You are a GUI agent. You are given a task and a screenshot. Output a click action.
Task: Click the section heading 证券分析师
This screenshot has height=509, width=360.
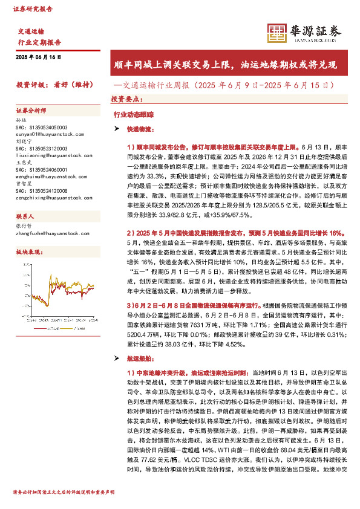[31, 111]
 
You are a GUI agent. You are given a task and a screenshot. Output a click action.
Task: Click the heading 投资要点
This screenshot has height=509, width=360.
[126, 98]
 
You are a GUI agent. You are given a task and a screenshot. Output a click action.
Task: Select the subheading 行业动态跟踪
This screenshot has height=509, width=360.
[134, 114]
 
